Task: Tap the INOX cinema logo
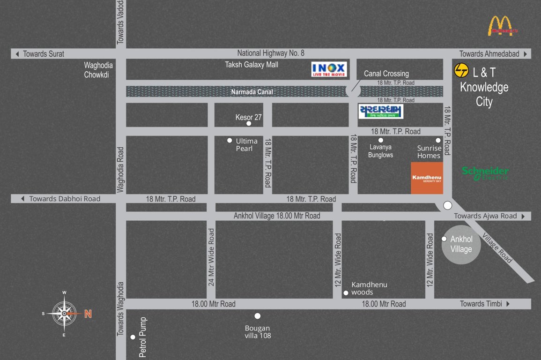point(329,70)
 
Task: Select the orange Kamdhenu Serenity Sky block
point(427,178)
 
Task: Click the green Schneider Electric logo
point(485,173)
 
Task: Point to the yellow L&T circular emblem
point(461,71)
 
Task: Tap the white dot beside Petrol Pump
point(133,337)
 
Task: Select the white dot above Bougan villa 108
point(257,316)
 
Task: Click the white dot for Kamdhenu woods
point(346,293)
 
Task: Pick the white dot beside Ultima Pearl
point(230,141)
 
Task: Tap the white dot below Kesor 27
point(249,124)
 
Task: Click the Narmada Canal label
point(252,92)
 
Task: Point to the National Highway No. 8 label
point(271,53)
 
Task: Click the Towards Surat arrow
point(17,54)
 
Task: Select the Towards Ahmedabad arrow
point(526,54)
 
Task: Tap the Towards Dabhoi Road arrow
point(22,199)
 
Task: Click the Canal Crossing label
point(386,74)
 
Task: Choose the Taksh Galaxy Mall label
point(252,65)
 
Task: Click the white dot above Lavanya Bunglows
point(381,140)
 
